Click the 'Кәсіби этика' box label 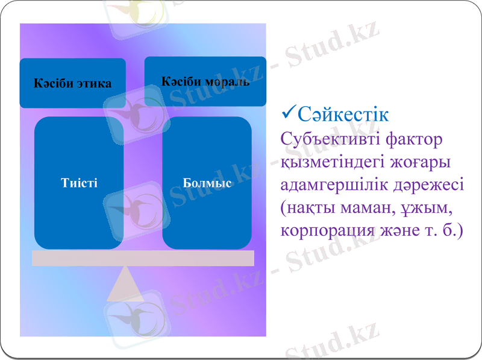click(72, 84)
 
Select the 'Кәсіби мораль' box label click(205, 81)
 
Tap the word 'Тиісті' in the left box click(79, 183)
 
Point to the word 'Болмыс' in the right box click(207, 183)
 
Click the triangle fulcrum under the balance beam click(125, 284)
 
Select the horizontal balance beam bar click(143, 258)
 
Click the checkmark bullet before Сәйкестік click(288, 112)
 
